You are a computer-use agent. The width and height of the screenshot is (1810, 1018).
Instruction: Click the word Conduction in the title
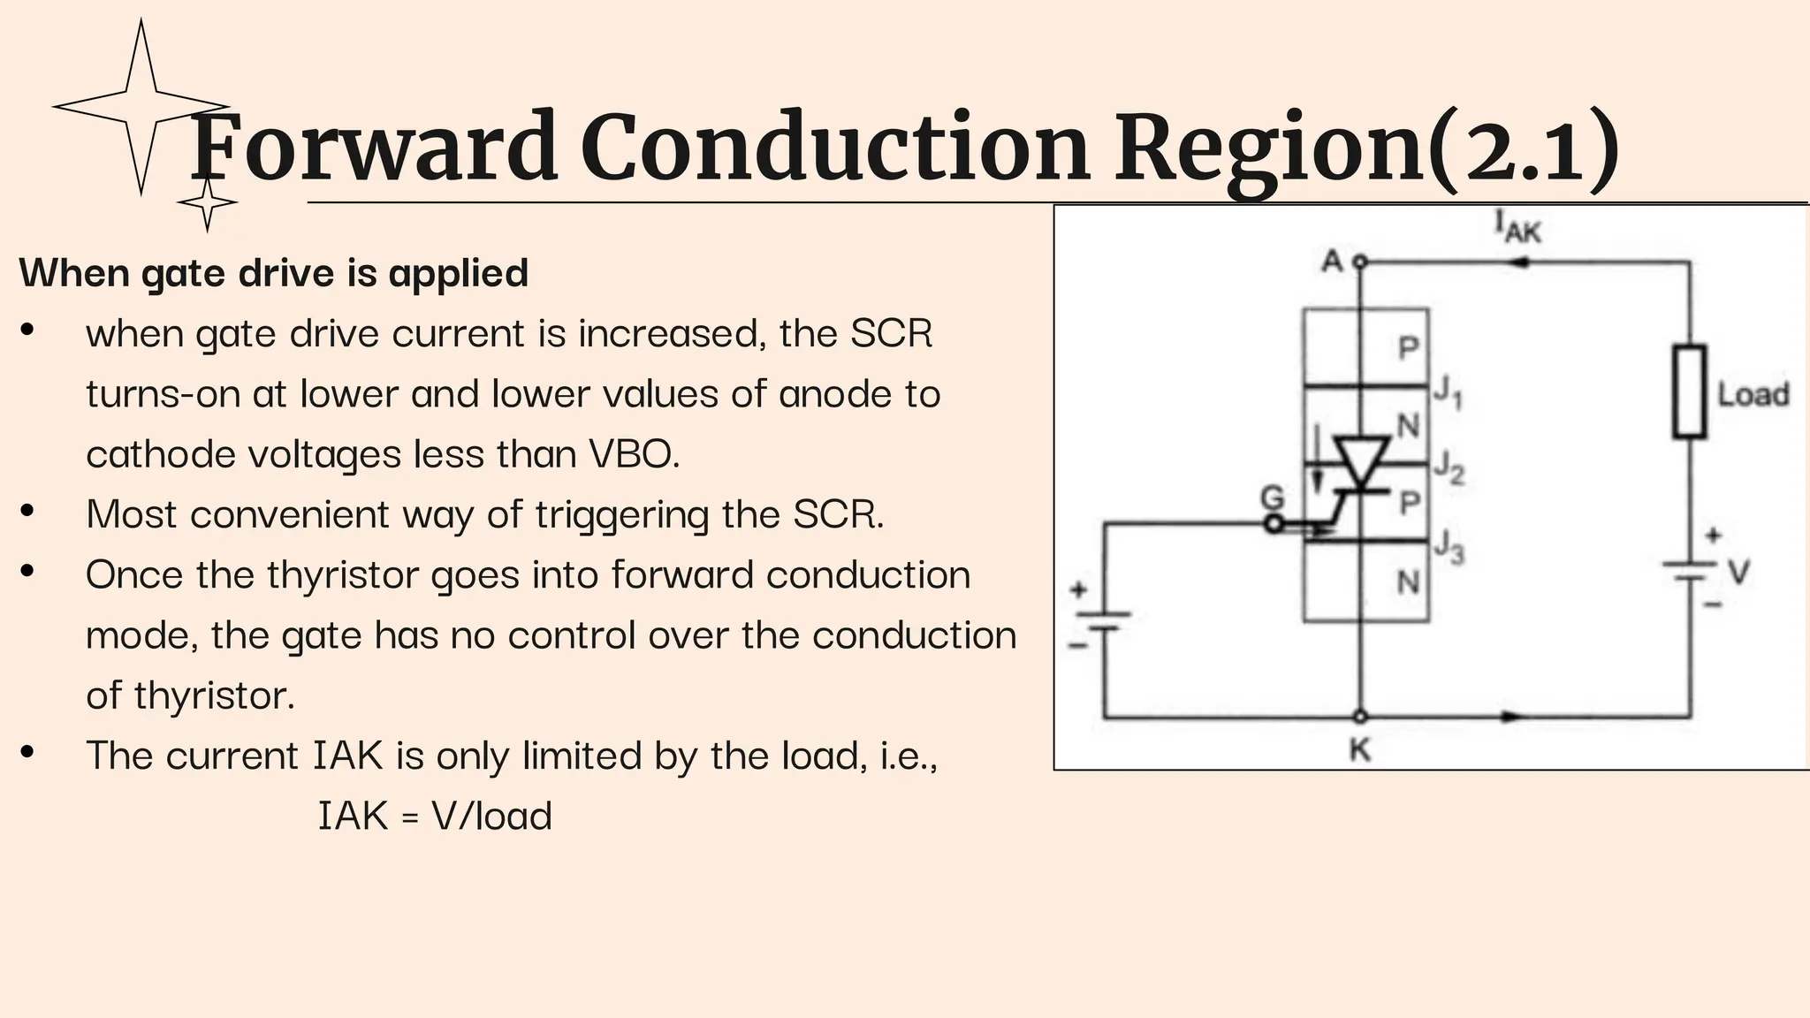[x=834, y=148]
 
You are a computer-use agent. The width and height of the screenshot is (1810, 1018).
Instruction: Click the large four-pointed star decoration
[x=141, y=106]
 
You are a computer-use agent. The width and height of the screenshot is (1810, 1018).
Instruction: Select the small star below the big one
[x=207, y=203]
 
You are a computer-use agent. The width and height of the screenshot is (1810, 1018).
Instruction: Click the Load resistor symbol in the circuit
[x=1689, y=391]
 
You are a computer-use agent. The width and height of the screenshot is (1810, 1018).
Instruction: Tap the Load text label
[x=1753, y=394]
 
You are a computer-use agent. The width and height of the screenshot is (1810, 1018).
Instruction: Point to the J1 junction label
[x=1448, y=391]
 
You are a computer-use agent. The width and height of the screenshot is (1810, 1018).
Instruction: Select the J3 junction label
[x=1449, y=546]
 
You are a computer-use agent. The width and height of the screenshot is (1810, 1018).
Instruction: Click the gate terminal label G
[x=1272, y=498]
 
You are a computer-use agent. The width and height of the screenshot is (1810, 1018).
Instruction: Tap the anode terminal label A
[x=1332, y=262]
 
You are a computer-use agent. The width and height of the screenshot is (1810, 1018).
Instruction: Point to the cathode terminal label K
[x=1360, y=750]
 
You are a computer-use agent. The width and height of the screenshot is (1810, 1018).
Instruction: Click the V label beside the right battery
[x=1738, y=573]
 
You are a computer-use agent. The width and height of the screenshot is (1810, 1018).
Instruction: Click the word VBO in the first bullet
[x=633, y=454]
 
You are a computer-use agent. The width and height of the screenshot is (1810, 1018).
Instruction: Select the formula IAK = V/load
[x=435, y=816]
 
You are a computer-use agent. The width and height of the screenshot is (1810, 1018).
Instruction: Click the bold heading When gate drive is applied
[x=274, y=272]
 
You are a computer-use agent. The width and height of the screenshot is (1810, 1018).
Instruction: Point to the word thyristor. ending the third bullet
[x=214, y=695]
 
